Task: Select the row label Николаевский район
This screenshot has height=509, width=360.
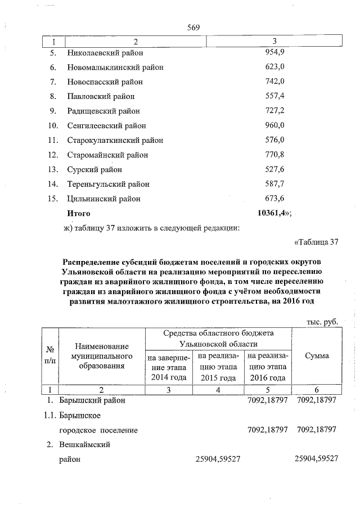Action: point(105,53)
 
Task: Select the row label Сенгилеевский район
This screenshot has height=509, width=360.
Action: point(106,126)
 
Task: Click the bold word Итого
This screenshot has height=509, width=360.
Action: point(79,214)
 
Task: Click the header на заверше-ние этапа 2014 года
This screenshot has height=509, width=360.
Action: point(168,367)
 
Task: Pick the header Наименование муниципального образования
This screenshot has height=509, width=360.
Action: point(102,357)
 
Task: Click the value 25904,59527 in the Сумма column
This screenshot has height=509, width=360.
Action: point(316,460)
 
